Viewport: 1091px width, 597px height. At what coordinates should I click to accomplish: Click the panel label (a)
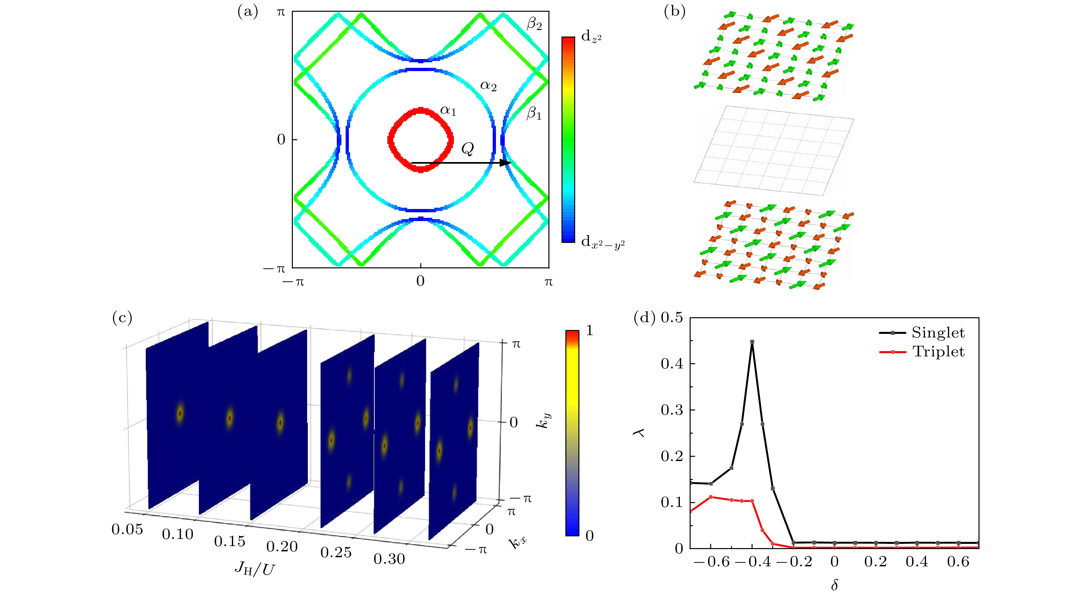(248, 12)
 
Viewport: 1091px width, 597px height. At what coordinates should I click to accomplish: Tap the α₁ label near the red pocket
(448, 111)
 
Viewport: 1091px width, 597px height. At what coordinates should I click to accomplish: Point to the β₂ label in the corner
(534, 24)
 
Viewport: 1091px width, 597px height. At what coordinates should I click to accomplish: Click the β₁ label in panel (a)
(534, 113)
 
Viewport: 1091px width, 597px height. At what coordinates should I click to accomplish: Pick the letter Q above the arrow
(468, 149)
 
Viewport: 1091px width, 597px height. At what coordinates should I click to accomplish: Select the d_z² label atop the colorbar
(591, 37)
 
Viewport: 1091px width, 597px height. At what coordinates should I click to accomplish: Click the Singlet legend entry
(938, 333)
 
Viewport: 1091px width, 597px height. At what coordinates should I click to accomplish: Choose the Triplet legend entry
(938, 352)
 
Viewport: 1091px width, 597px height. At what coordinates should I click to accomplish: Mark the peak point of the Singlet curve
(752, 342)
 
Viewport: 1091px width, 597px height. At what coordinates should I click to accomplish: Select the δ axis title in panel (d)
(834, 585)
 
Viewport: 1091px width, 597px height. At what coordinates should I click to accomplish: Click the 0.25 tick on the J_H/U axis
(336, 553)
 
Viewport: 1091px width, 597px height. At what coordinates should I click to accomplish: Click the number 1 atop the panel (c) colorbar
(590, 330)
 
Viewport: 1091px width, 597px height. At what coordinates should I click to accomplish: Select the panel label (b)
(675, 12)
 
